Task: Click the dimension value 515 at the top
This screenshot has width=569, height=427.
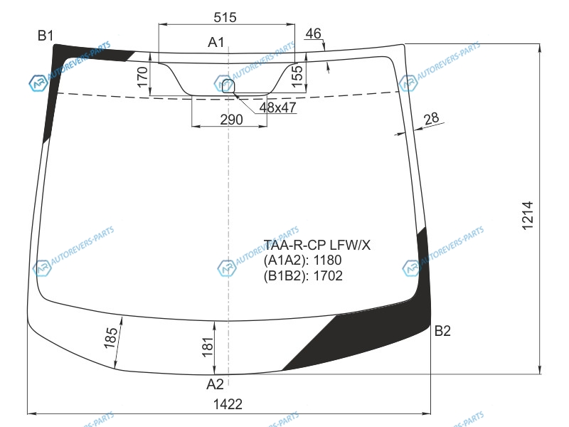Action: click(225, 17)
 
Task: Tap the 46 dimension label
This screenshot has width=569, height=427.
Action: click(313, 33)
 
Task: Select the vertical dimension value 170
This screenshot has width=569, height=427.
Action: click(143, 77)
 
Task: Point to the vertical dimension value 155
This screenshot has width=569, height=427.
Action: click(297, 76)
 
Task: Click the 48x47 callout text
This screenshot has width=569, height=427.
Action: click(277, 107)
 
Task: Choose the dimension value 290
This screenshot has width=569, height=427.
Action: click(231, 120)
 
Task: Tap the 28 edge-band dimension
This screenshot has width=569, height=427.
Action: click(431, 118)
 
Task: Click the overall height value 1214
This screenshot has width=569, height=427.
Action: click(528, 216)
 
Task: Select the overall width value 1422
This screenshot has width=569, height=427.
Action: click(228, 404)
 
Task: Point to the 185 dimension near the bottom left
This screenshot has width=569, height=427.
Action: click(110, 337)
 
